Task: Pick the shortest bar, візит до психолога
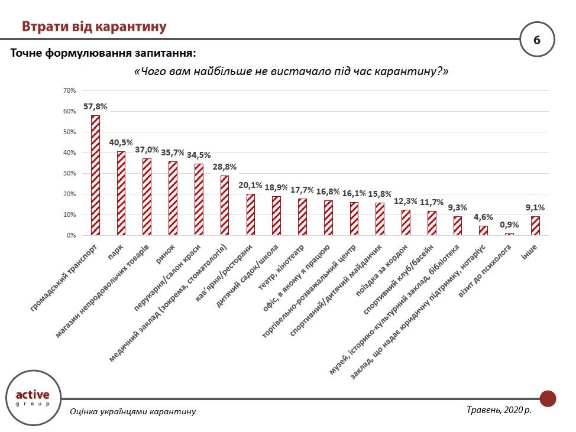click(x=509, y=234)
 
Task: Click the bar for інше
click(x=535, y=226)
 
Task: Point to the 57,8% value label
click(x=95, y=107)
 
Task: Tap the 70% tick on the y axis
click(x=69, y=90)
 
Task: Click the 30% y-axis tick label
click(x=69, y=173)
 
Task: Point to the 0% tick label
click(x=72, y=235)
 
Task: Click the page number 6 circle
click(x=536, y=41)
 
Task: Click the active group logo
click(x=33, y=398)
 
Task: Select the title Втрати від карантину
click(x=94, y=27)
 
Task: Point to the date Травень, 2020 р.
click(x=499, y=409)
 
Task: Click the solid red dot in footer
click(x=548, y=398)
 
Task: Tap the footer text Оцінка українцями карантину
click(x=132, y=411)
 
